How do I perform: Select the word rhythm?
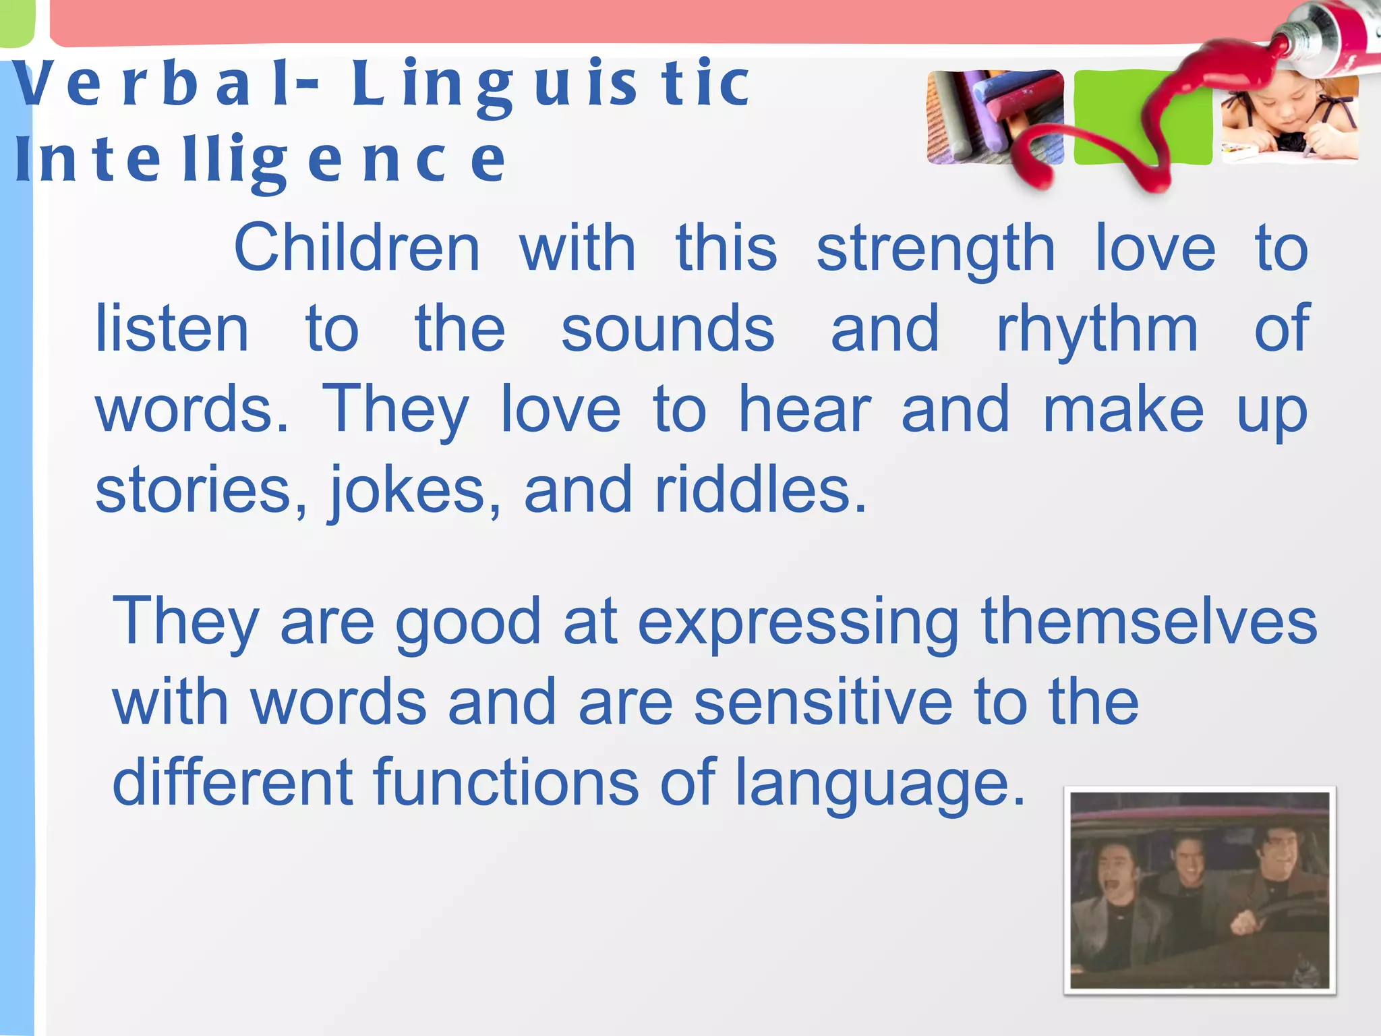click(1097, 330)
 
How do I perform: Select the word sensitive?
click(823, 703)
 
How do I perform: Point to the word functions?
click(506, 782)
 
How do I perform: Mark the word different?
click(233, 782)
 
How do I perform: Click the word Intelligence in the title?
click(260, 161)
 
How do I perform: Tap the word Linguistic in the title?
click(550, 84)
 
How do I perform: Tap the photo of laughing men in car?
click(1200, 890)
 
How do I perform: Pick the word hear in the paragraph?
click(805, 410)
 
